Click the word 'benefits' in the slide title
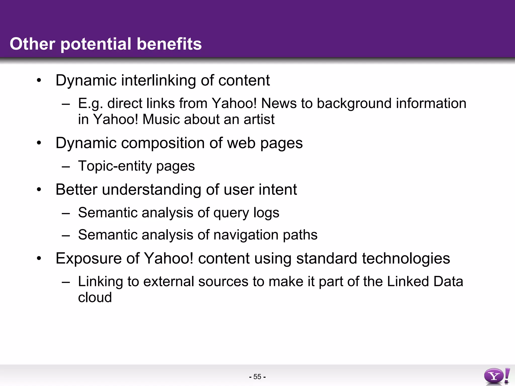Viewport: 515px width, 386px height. pyautogui.click(x=169, y=44)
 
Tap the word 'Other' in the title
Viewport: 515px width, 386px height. pyautogui.click(x=32, y=44)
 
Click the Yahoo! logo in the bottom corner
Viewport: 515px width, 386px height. pyautogui.click(x=497, y=376)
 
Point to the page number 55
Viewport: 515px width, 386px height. pyautogui.click(x=257, y=377)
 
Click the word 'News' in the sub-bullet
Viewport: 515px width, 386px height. pyautogui.click(x=279, y=103)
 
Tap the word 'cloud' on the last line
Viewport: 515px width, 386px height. pyautogui.click(x=95, y=298)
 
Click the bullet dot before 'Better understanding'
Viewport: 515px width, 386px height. pyautogui.click(x=39, y=190)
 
